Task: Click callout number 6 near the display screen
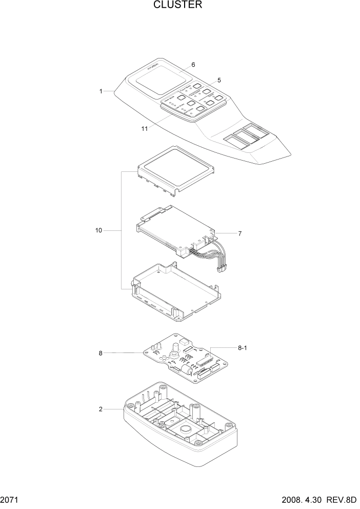point(193,65)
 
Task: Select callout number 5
point(219,80)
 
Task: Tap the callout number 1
point(102,91)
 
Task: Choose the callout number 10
point(98,231)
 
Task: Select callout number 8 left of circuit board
point(101,353)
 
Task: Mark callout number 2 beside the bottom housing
point(101,409)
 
